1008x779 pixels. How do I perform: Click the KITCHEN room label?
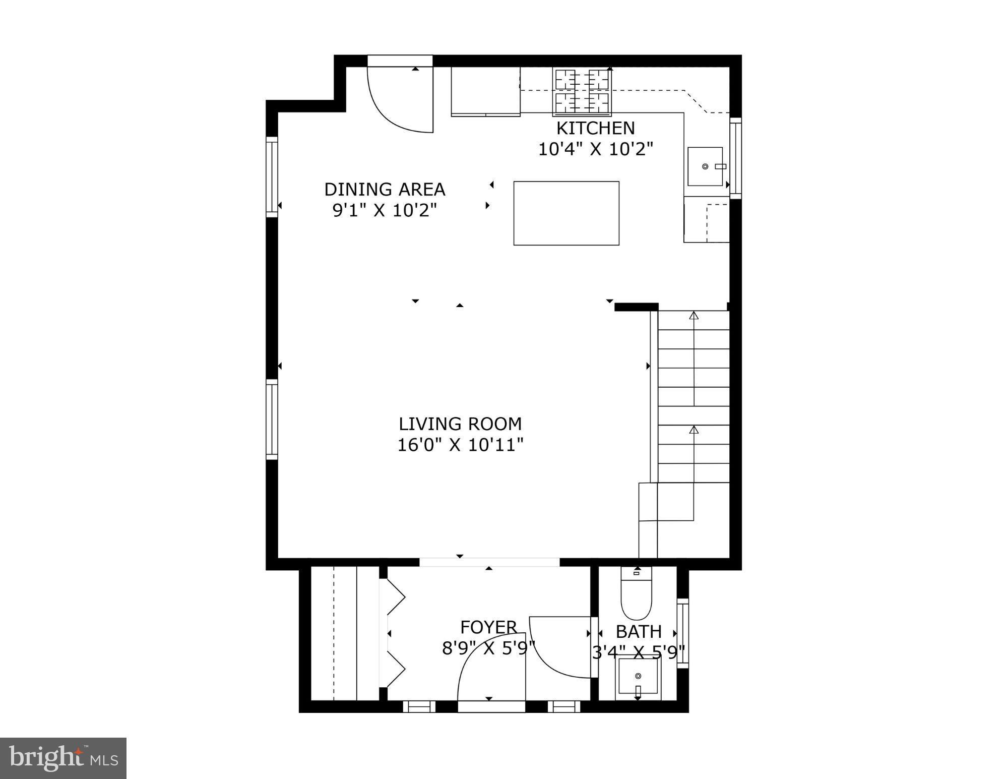click(x=595, y=128)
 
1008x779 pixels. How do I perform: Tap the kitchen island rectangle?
click(x=566, y=213)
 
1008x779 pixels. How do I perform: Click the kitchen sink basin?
click(x=705, y=166)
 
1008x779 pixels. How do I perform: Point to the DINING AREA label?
click(x=385, y=189)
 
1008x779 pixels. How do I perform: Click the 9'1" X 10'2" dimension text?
click(x=385, y=210)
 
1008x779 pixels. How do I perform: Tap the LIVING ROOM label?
click(x=460, y=424)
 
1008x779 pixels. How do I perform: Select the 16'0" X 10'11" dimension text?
click(x=460, y=445)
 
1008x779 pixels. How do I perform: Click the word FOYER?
click(x=488, y=627)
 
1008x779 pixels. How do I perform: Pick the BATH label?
click(x=639, y=631)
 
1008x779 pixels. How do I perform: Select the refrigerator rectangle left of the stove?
click(x=485, y=91)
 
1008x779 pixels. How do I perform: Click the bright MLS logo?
click(x=63, y=758)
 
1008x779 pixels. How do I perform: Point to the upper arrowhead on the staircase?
click(x=694, y=316)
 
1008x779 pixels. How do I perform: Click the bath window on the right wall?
click(x=682, y=633)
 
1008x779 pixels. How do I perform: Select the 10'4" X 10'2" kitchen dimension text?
click(x=595, y=149)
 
